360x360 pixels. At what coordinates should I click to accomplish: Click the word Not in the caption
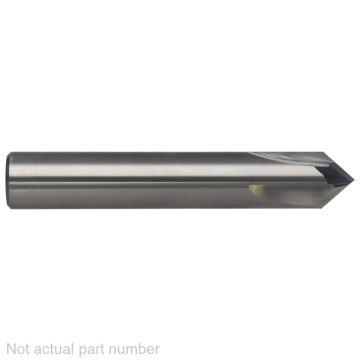click(18, 349)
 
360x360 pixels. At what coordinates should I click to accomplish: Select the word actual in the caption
click(55, 349)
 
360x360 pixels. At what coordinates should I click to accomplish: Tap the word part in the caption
click(92, 350)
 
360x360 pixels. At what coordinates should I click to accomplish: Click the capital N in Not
click(11, 349)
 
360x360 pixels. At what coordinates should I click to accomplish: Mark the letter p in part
click(83, 351)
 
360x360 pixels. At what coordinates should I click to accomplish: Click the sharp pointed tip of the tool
click(354, 180)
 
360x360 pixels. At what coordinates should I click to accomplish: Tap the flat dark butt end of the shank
click(8, 181)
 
